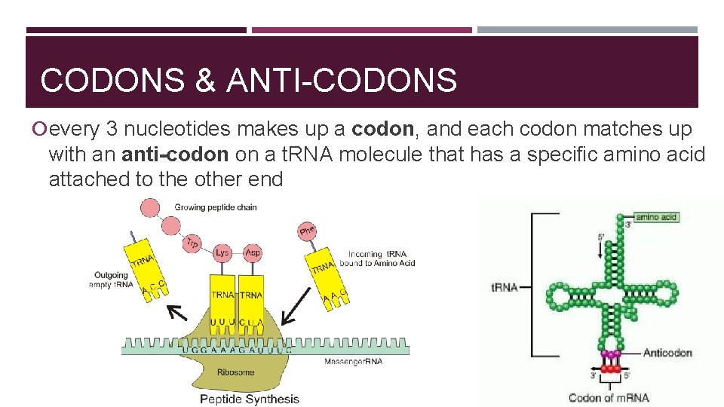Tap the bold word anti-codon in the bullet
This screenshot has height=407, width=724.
175,155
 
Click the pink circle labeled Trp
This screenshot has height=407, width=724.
193,243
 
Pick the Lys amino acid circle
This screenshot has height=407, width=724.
222,252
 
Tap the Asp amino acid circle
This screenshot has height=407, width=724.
253,252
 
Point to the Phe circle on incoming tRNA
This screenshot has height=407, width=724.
307,230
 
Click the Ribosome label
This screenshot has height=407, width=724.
236,372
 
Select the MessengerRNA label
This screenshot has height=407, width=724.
354,362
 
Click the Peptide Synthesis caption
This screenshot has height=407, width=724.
249,399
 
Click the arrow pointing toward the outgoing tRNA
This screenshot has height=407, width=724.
178,312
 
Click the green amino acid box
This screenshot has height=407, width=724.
657,217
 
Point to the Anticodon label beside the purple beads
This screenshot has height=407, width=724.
667,353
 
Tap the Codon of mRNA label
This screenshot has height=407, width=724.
609,397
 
